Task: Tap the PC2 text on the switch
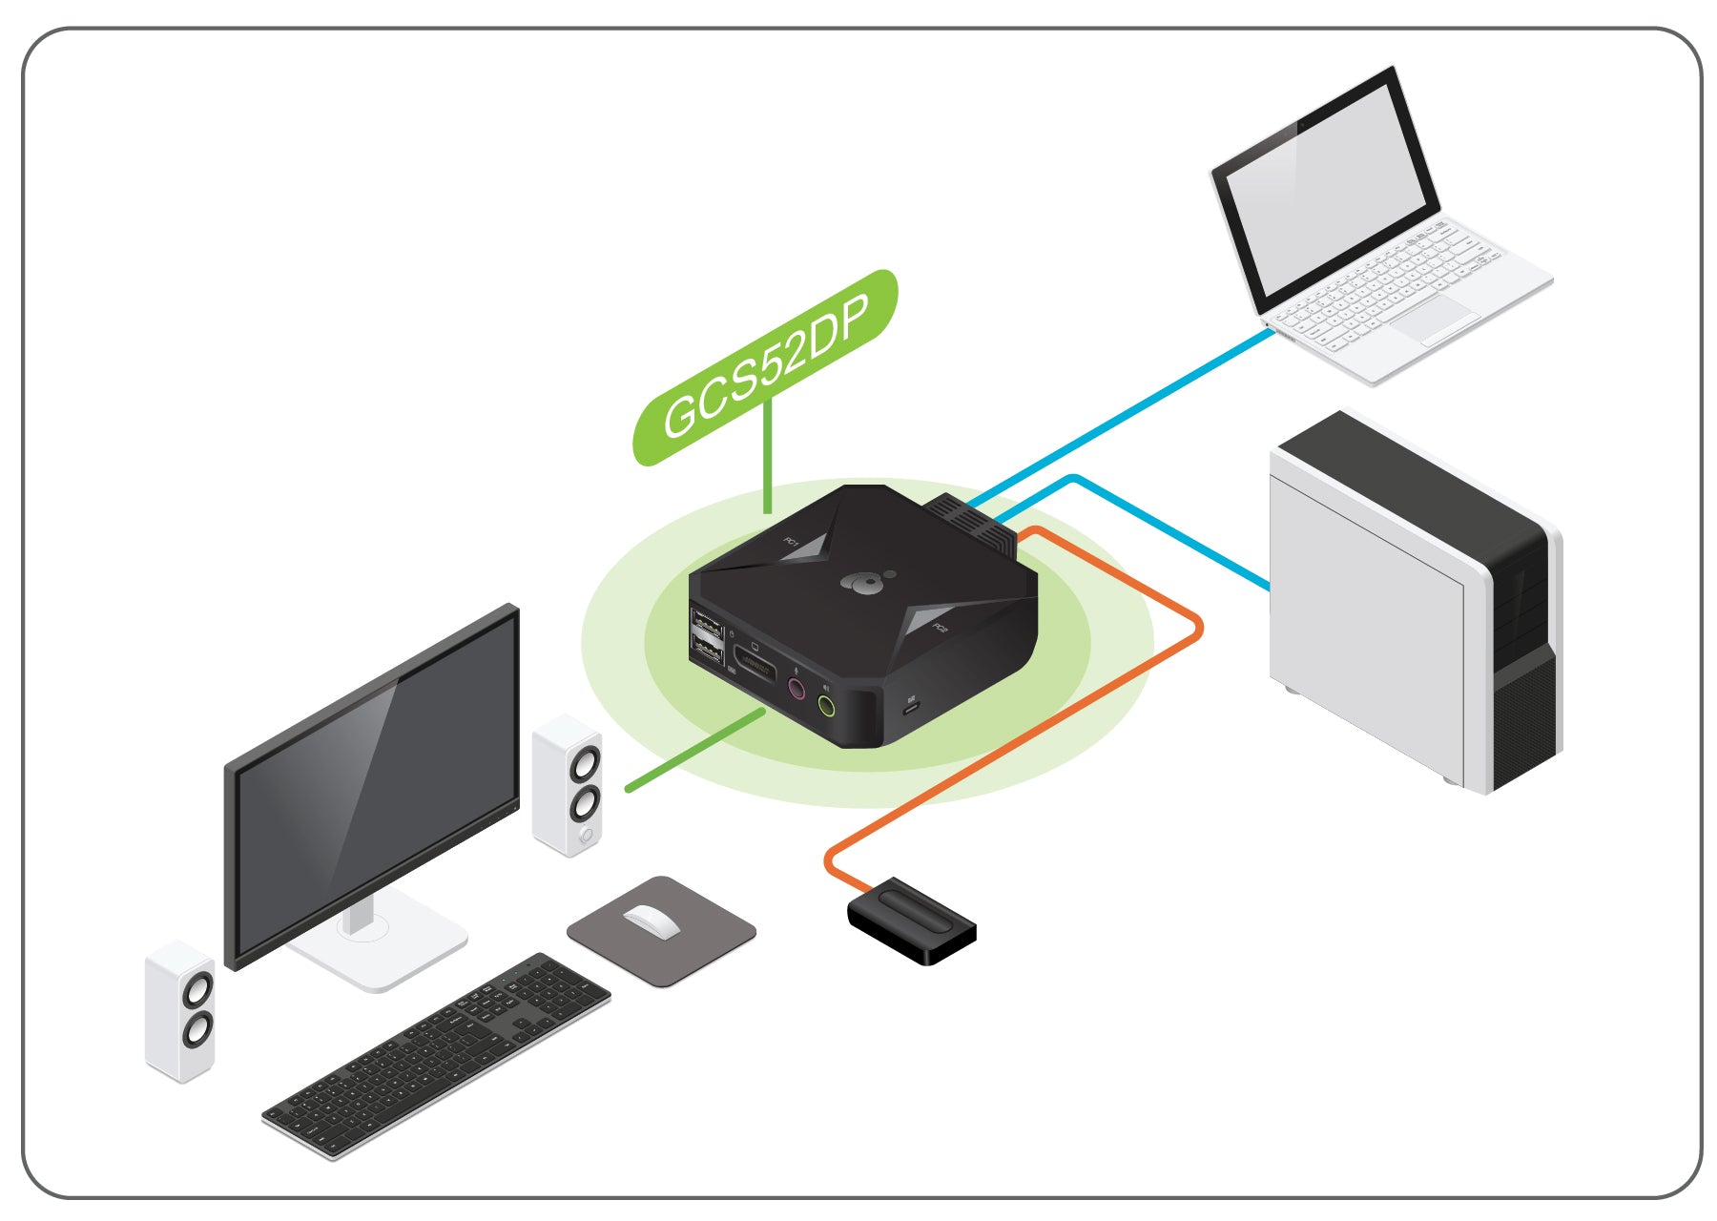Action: (x=940, y=628)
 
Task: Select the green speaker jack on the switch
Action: (x=827, y=707)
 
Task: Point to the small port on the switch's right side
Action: (x=911, y=707)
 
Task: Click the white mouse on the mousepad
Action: (x=652, y=921)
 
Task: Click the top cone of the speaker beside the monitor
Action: (x=584, y=764)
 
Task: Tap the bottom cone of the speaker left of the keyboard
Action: (x=197, y=1029)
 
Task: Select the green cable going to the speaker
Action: (x=695, y=750)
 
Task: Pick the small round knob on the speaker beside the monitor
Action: (x=586, y=837)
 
